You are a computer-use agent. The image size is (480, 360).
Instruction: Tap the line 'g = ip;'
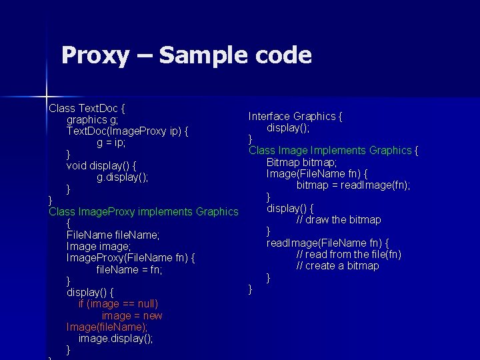(x=111, y=143)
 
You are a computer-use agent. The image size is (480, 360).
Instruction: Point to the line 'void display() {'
(x=102, y=165)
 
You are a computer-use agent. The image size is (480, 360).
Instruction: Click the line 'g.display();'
(x=122, y=177)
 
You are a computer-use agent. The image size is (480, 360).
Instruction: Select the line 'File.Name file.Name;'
(x=113, y=235)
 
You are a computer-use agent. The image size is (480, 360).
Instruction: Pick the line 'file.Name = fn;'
(x=129, y=270)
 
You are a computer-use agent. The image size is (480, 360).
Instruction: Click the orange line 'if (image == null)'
(x=118, y=304)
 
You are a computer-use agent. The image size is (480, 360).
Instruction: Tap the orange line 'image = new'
(x=132, y=315)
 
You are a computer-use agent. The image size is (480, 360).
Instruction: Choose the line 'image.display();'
(x=115, y=339)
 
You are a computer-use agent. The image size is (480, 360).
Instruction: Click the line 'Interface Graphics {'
(x=295, y=116)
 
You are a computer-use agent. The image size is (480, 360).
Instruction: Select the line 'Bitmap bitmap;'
(x=301, y=162)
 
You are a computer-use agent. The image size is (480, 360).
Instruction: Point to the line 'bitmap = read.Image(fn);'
(x=353, y=185)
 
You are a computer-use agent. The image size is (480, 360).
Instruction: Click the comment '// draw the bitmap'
(x=339, y=219)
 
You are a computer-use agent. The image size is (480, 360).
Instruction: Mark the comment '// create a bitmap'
(x=337, y=266)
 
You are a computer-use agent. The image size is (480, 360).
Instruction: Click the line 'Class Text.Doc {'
(x=88, y=107)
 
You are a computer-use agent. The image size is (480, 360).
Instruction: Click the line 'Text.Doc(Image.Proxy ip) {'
(x=127, y=131)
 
